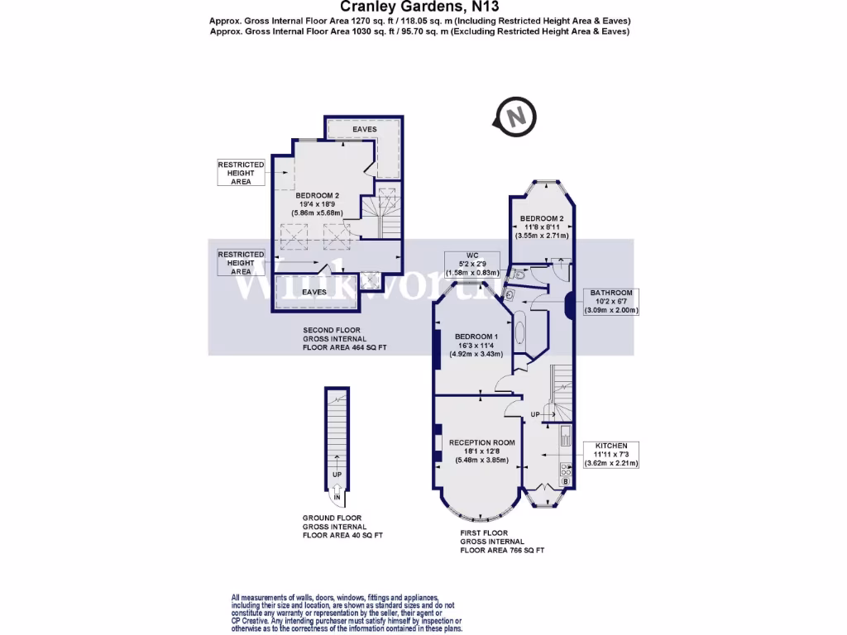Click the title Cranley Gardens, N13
(x=423, y=7)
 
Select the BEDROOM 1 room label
(x=476, y=336)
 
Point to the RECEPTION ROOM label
(x=481, y=442)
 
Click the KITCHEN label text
(x=610, y=446)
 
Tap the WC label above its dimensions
(x=472, y=255)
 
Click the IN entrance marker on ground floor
(x=337, y=498)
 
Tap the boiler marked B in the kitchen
(x=566, y=481)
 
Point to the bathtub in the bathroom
(x=519, y=334)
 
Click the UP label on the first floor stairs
(x=535, y=413)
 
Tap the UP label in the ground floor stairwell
(x=337, y=475)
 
